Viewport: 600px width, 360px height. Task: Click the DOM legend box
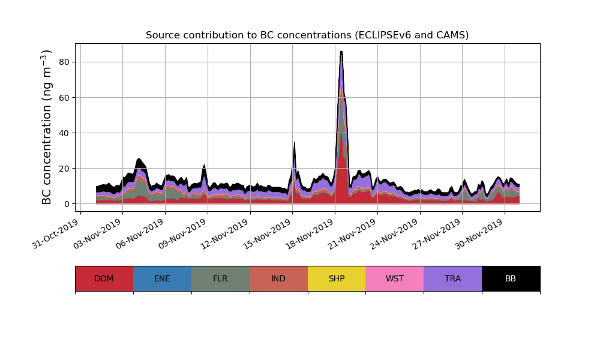point(104,278)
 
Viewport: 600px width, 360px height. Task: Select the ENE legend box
point(162,278)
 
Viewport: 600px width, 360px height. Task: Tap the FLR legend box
point(220,278)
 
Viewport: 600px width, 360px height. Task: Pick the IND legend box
point(278,278)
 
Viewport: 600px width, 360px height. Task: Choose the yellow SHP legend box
point(337,278)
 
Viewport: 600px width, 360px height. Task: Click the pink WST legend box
point(394,278)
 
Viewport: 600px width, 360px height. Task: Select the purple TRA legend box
point(452,278)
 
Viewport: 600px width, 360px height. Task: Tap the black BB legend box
point(511,278)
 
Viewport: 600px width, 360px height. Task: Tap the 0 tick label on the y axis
point(67,204)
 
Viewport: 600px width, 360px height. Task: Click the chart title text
point(307,35)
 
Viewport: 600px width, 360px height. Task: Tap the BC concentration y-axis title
point(47,127)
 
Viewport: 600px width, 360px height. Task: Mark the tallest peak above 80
point(341,52)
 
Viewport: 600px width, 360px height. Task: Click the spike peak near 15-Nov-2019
point(294,143)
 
